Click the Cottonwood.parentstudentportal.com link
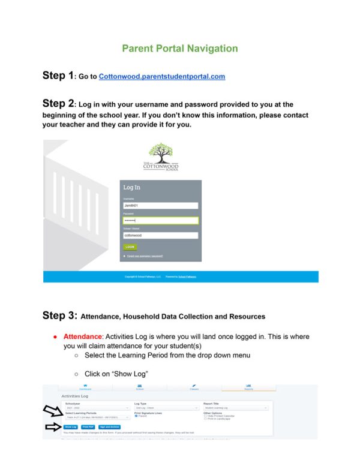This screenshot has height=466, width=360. coord(162,77)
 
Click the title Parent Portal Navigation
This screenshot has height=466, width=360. coord(180,49)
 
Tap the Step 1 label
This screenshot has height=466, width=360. coord(58,76)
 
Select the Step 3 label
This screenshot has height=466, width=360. coord(59,315)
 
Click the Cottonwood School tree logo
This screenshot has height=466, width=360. coord(160,158)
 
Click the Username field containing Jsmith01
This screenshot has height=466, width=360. coord(160,206)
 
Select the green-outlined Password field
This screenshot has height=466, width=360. coord(160,221)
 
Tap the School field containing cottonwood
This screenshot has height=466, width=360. coord(160,236)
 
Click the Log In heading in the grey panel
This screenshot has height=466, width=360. coord(132,188)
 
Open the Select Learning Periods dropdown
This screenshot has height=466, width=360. coord(96,417)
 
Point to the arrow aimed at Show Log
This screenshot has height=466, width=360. coord(52,427)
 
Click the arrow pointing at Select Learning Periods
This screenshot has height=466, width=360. coord(52,411)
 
